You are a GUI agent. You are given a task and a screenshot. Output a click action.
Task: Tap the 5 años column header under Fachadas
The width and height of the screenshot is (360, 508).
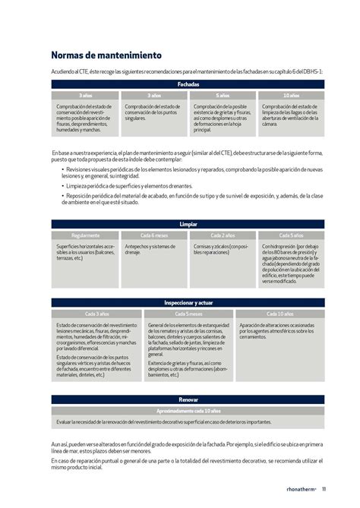[222, 96]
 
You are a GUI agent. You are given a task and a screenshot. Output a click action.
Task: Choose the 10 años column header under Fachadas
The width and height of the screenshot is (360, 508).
[291, 96]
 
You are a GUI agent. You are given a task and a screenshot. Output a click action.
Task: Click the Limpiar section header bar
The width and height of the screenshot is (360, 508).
[188, 226]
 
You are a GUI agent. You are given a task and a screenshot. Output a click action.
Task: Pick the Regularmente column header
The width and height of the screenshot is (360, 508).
[85, 235]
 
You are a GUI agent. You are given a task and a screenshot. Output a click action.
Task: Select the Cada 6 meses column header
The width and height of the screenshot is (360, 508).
[153, 235]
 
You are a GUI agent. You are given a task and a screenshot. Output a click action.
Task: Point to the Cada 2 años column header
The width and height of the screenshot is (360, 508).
[222, 235]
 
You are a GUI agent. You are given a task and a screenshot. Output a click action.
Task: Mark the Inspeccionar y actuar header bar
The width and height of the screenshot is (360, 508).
[188, 303]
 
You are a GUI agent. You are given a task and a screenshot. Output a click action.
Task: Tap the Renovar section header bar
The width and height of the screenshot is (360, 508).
[188, 399]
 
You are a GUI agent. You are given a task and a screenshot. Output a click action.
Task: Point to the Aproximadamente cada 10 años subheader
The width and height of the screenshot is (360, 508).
[188, 409]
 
